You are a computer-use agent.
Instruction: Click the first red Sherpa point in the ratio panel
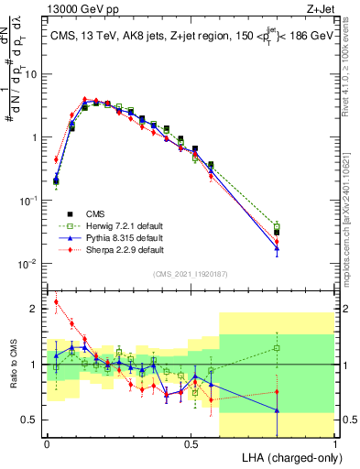pos(56,301)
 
